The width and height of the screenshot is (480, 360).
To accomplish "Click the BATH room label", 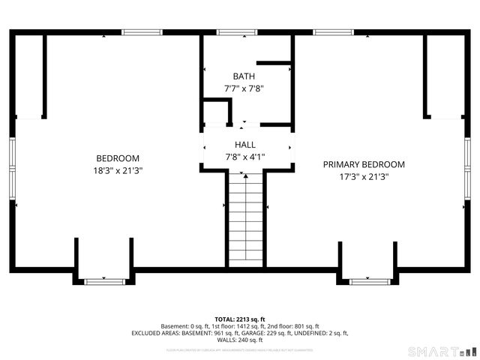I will coord(244,76).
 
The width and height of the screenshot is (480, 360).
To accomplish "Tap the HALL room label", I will coord(245,145).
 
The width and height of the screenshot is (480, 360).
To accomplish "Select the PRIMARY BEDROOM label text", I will coord(364,164).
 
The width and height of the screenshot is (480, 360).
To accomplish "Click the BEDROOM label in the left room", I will coord(118,157).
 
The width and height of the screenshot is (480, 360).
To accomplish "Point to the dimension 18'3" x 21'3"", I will coord(118,170).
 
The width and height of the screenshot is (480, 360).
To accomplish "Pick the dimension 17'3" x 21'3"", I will coord(364,177).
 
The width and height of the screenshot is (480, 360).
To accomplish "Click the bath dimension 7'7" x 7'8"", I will coord(244,88).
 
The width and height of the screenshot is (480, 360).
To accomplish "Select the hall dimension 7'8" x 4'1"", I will coord(245,157).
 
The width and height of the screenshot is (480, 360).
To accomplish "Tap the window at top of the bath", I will coord(236,32).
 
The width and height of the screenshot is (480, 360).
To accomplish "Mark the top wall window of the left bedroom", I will coord(142,32).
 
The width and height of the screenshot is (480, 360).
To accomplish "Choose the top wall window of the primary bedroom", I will coord(333,32).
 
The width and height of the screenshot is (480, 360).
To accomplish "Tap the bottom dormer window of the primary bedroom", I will coord(370,281).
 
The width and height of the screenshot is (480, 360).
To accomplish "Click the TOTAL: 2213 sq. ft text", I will coord(240,319).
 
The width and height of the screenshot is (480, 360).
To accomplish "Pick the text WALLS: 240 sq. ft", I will coord(240,340).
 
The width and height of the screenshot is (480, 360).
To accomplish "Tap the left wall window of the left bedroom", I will coord(12,169).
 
